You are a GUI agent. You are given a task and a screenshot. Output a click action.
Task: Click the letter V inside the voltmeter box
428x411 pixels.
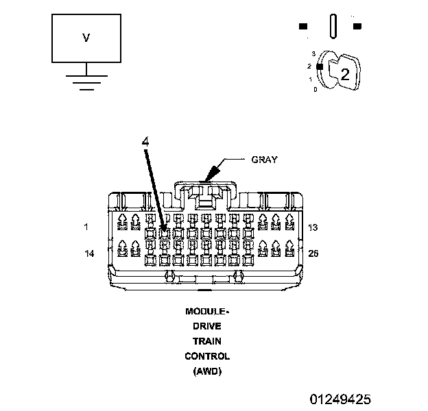[x=86, y=38]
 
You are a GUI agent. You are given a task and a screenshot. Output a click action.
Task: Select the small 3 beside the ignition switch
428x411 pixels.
[x=313, y=53]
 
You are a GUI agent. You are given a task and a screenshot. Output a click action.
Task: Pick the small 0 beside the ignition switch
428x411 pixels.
[x=315, y=89]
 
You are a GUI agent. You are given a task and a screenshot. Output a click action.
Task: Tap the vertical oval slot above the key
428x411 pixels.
[x=332, y=27]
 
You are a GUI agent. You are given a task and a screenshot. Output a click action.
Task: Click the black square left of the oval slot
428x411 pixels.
[x=302, y=27]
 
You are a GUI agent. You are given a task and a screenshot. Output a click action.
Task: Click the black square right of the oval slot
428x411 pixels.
[x=357, y=27]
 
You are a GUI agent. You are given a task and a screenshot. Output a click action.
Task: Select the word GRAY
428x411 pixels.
[x=264, y=160]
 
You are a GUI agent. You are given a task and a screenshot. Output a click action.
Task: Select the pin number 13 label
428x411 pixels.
[x=313, y=227]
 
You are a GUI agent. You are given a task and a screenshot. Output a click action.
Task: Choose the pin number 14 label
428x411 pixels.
[x=89, y=253]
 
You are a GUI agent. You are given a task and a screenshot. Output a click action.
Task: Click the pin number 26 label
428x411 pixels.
[x=313, y=253]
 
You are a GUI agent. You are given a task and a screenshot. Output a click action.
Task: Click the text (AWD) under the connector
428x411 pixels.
[x=207, y=371]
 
